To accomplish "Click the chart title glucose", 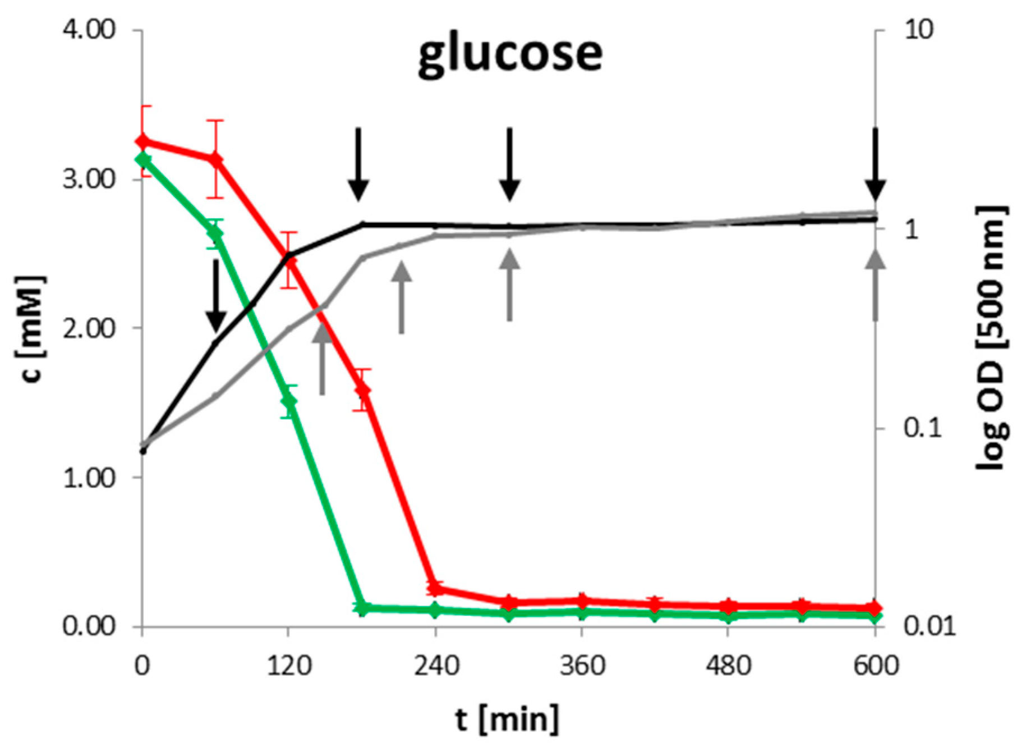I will (510, 55).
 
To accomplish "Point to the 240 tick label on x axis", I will (436, 667).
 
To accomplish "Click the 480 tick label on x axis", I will (728, 667).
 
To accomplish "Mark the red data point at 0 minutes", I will (142, 141).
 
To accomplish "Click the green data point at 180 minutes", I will (362, 608).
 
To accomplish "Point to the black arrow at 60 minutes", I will (216, 295).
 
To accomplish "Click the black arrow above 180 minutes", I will (358, 164).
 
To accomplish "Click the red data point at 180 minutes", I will (362, 390).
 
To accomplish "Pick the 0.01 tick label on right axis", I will (928, 627).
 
